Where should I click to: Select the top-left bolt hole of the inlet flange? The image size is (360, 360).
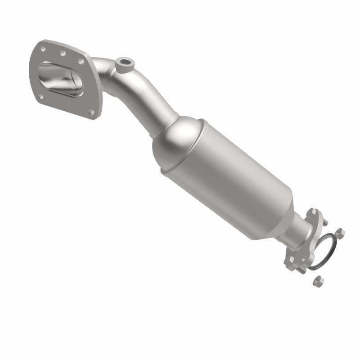click(43, 46)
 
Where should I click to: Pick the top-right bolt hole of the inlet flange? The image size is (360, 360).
click(81, 62)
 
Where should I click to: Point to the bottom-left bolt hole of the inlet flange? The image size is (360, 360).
click(40, 96)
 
